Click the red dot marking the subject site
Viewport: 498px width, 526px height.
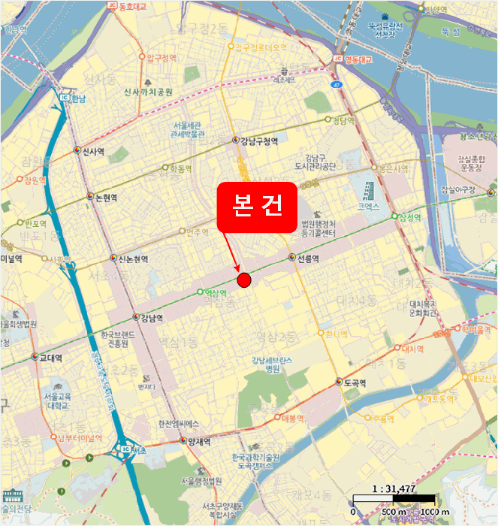[x=243, y=280]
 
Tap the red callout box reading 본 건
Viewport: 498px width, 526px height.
[x=257, y=206]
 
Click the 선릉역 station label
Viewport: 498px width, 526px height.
[x=308, y=258]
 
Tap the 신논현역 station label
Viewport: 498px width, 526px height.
[x=133, y=258]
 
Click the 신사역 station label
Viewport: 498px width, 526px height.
[x=92, y=151]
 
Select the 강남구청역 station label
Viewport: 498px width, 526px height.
[x=259, y=141]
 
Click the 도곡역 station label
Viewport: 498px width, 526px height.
[x=355, y=382]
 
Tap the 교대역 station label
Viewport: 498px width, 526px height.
[x=50, y=358]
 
